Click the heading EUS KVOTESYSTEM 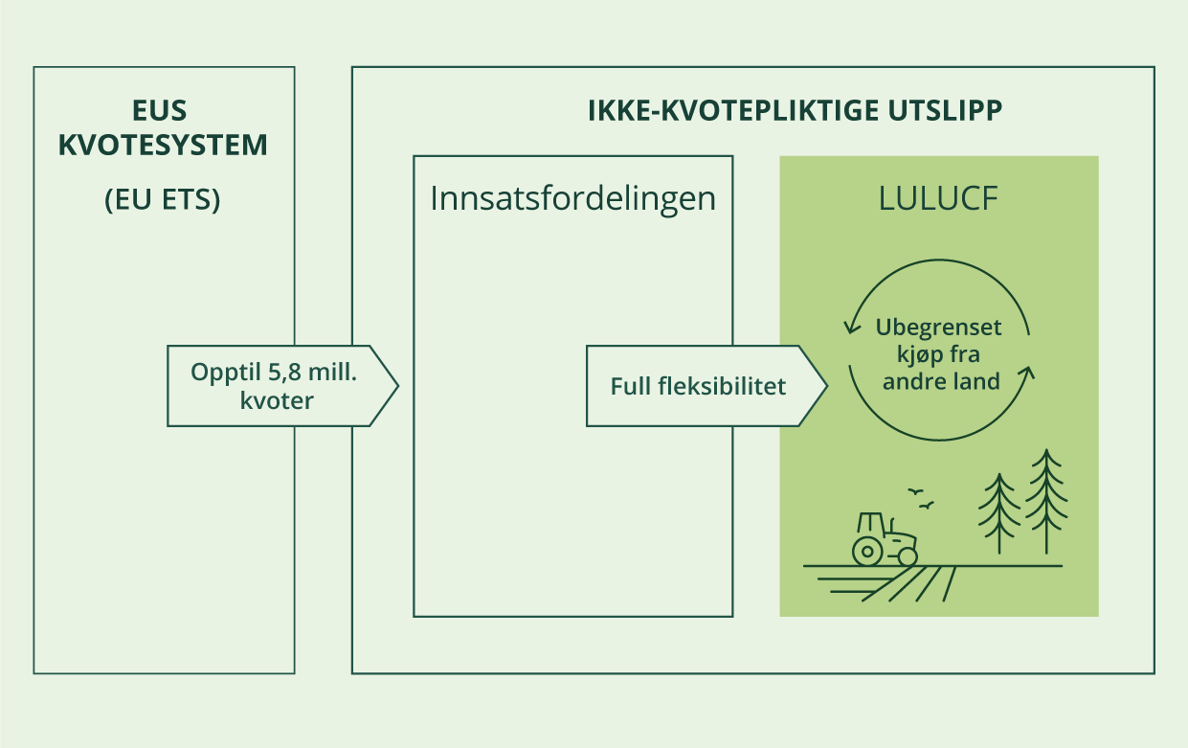point(163,128)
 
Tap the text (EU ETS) point(163,202)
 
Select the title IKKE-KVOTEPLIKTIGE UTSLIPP point(795,111)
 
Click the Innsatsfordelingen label point(572,197)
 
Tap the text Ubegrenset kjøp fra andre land point(938,354)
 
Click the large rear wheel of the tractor point(868,550)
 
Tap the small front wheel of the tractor point(907,555)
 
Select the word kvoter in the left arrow point(279,400)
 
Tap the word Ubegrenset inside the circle point(938,328)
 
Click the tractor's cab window point(871,525)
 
